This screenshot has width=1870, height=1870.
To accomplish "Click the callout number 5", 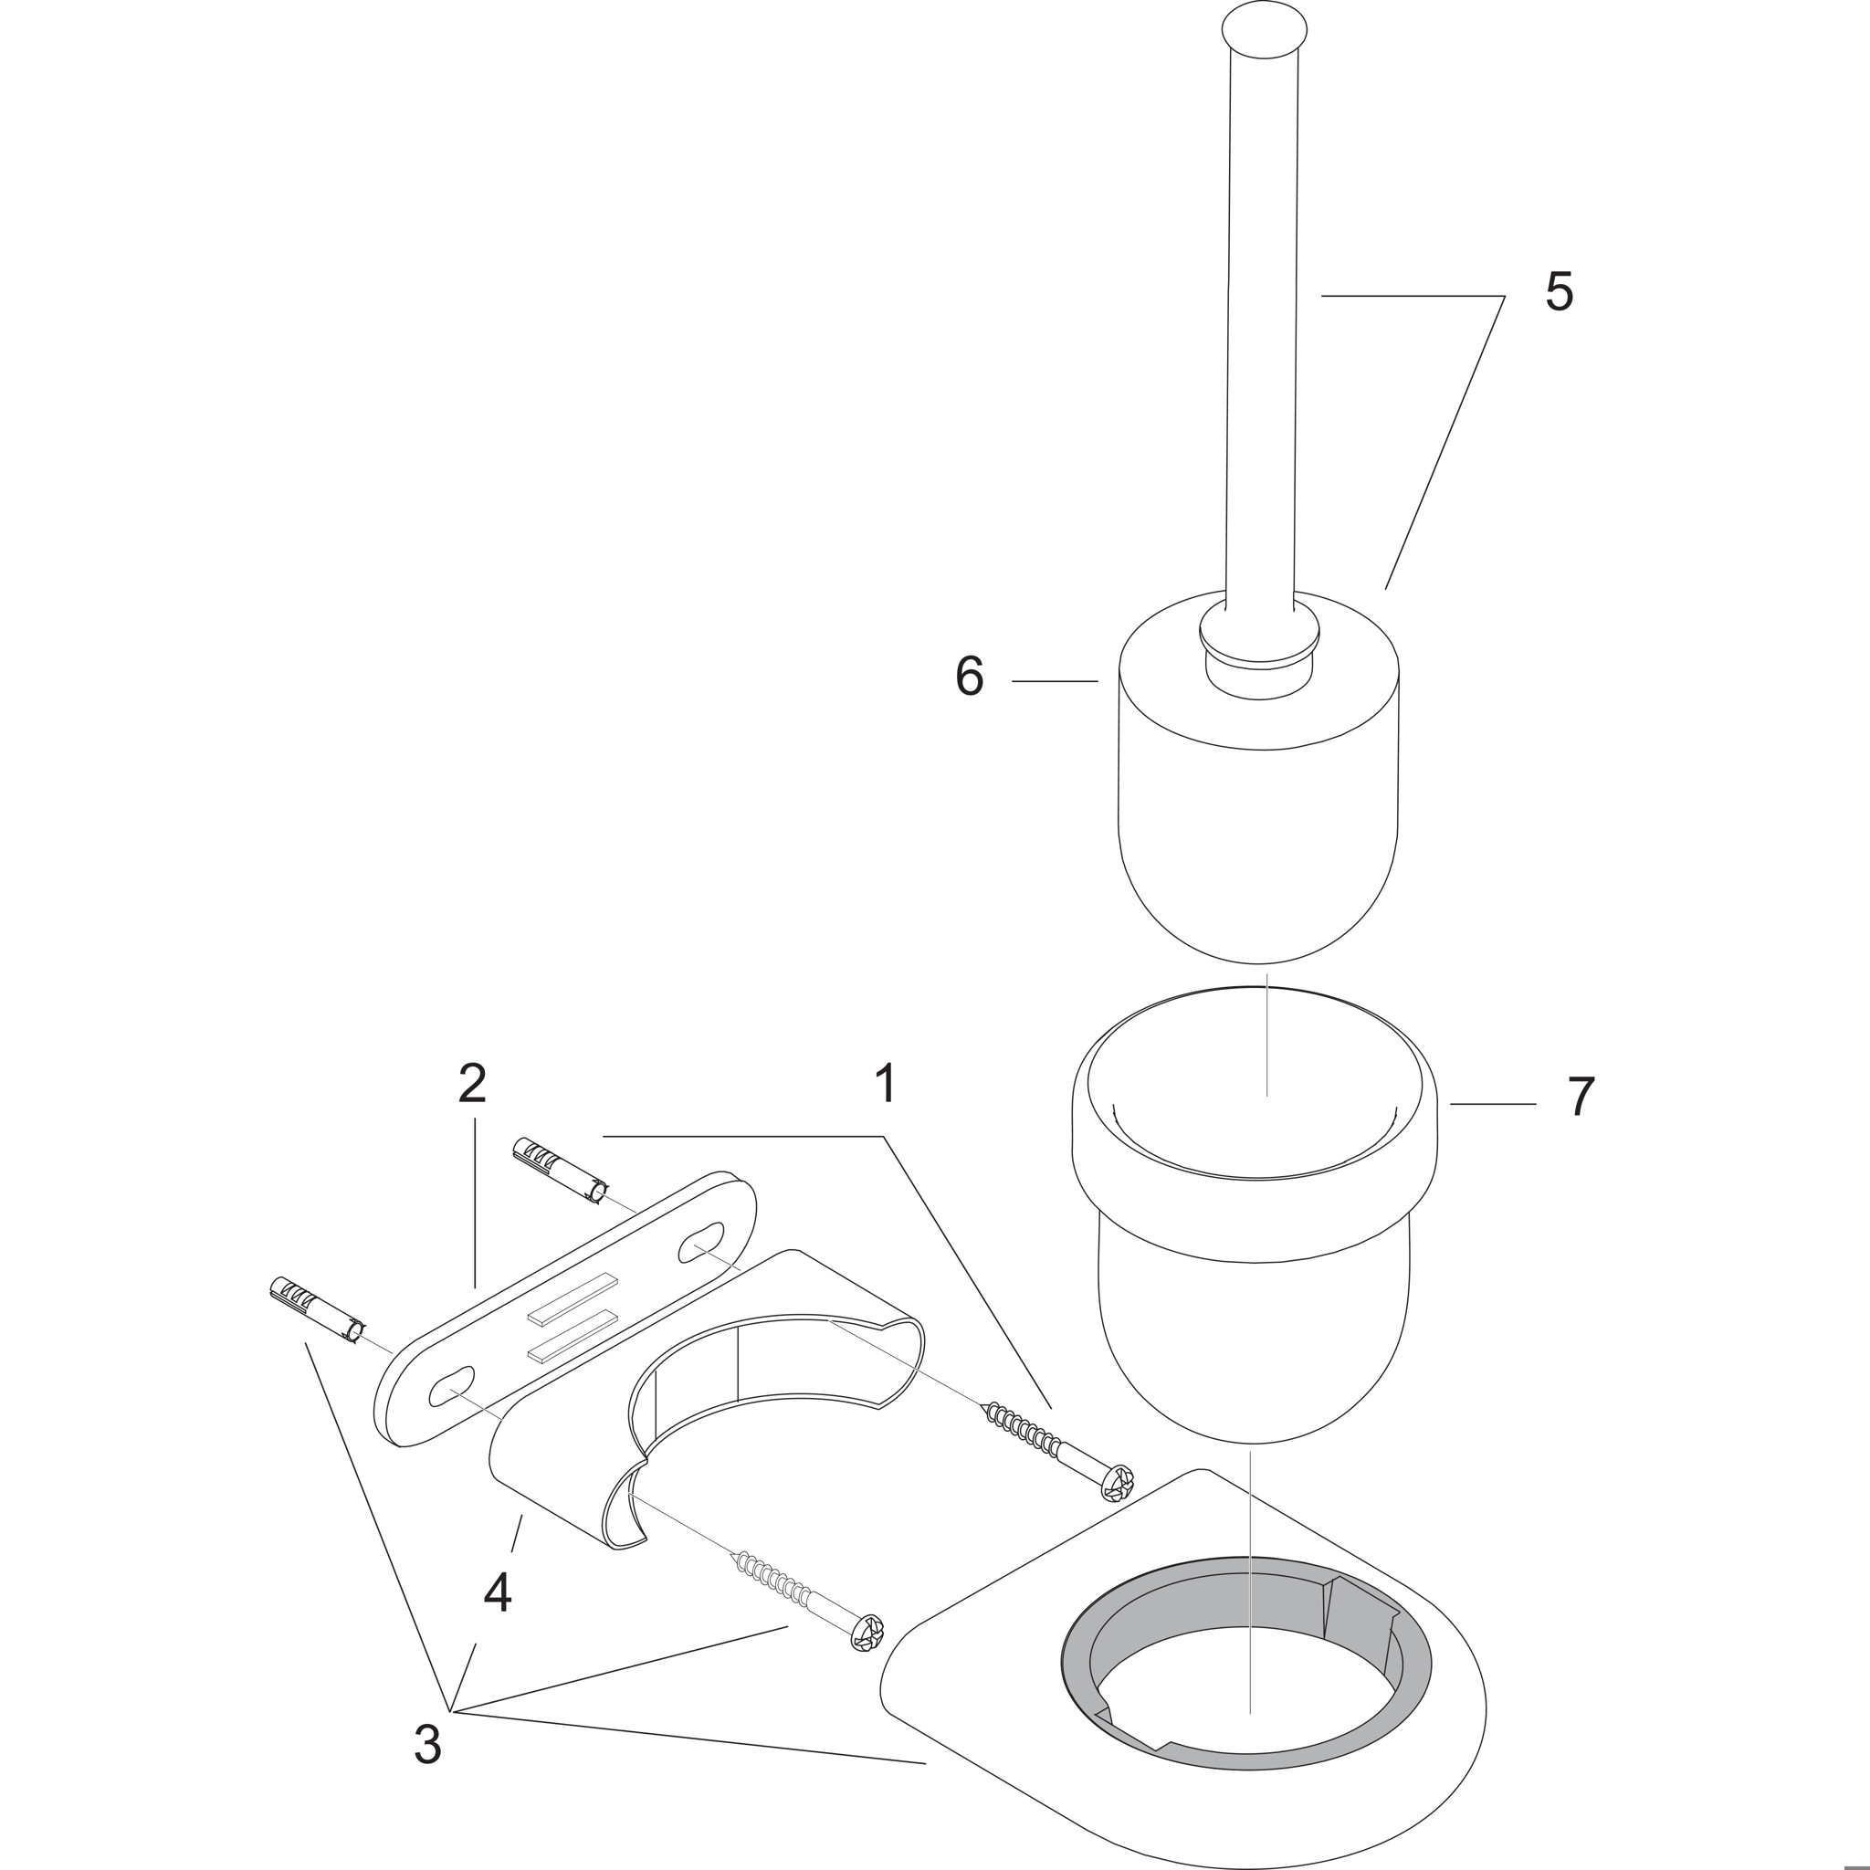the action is click(x=1559, y=291).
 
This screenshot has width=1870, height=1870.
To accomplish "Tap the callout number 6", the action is click(x=969, y=676).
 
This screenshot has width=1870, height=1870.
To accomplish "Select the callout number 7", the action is click(x=1581, y=1098).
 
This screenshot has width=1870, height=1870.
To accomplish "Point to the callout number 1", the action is click(x=885, y=1083).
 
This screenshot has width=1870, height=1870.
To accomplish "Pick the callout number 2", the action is click(x=472, y=1083).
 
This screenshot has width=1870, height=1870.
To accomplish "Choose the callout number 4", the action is click(x=498, y=1592).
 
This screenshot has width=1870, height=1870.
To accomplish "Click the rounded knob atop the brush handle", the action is click(x=1262, y=31).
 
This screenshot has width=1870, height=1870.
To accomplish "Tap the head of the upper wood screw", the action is click(x=1119, y=1482).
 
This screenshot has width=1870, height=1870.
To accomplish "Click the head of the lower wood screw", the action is click(x=867, y=1632).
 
